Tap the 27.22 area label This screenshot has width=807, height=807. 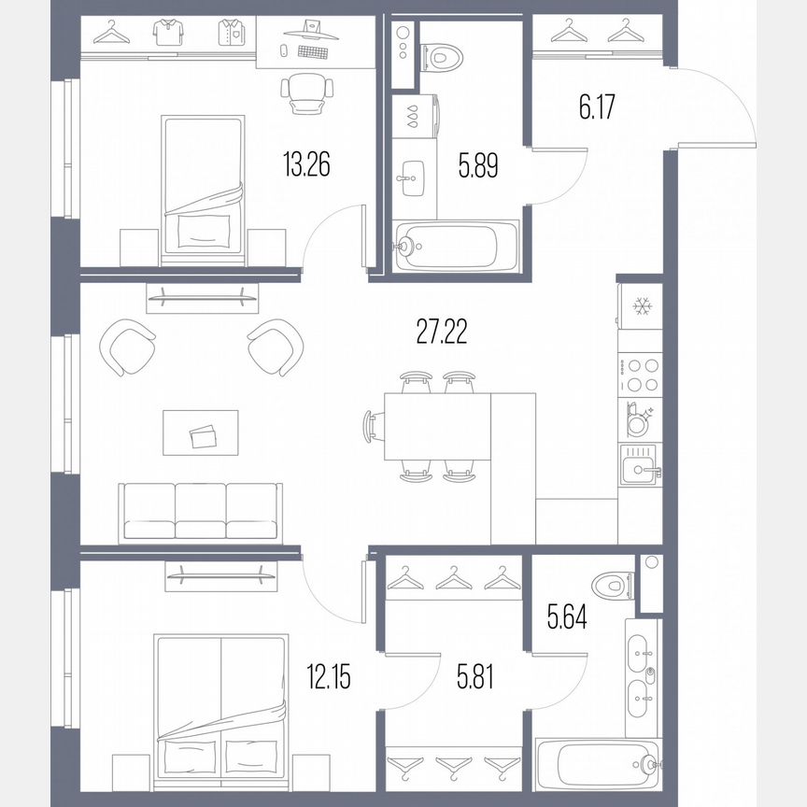coord(441,331)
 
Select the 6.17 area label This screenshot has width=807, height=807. coord(599,107)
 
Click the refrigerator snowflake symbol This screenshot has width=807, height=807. coord(641,304)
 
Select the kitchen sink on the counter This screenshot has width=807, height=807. coord(640,462)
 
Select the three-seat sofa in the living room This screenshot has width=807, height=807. coord(200,513)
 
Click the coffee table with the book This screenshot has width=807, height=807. coord(200,433)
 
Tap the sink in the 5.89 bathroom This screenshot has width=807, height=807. coord(411,174)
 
